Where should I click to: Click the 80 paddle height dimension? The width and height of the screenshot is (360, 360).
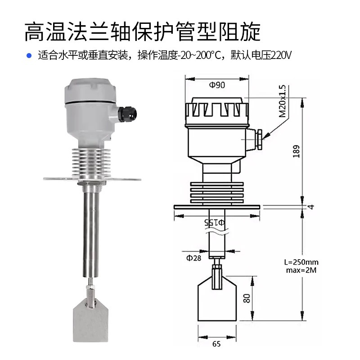(246, 298)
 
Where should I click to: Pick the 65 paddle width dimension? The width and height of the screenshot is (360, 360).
(216, 344)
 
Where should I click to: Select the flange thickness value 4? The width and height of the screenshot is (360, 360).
(310, 207)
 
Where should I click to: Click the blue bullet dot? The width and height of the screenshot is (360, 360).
(29, 56)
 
